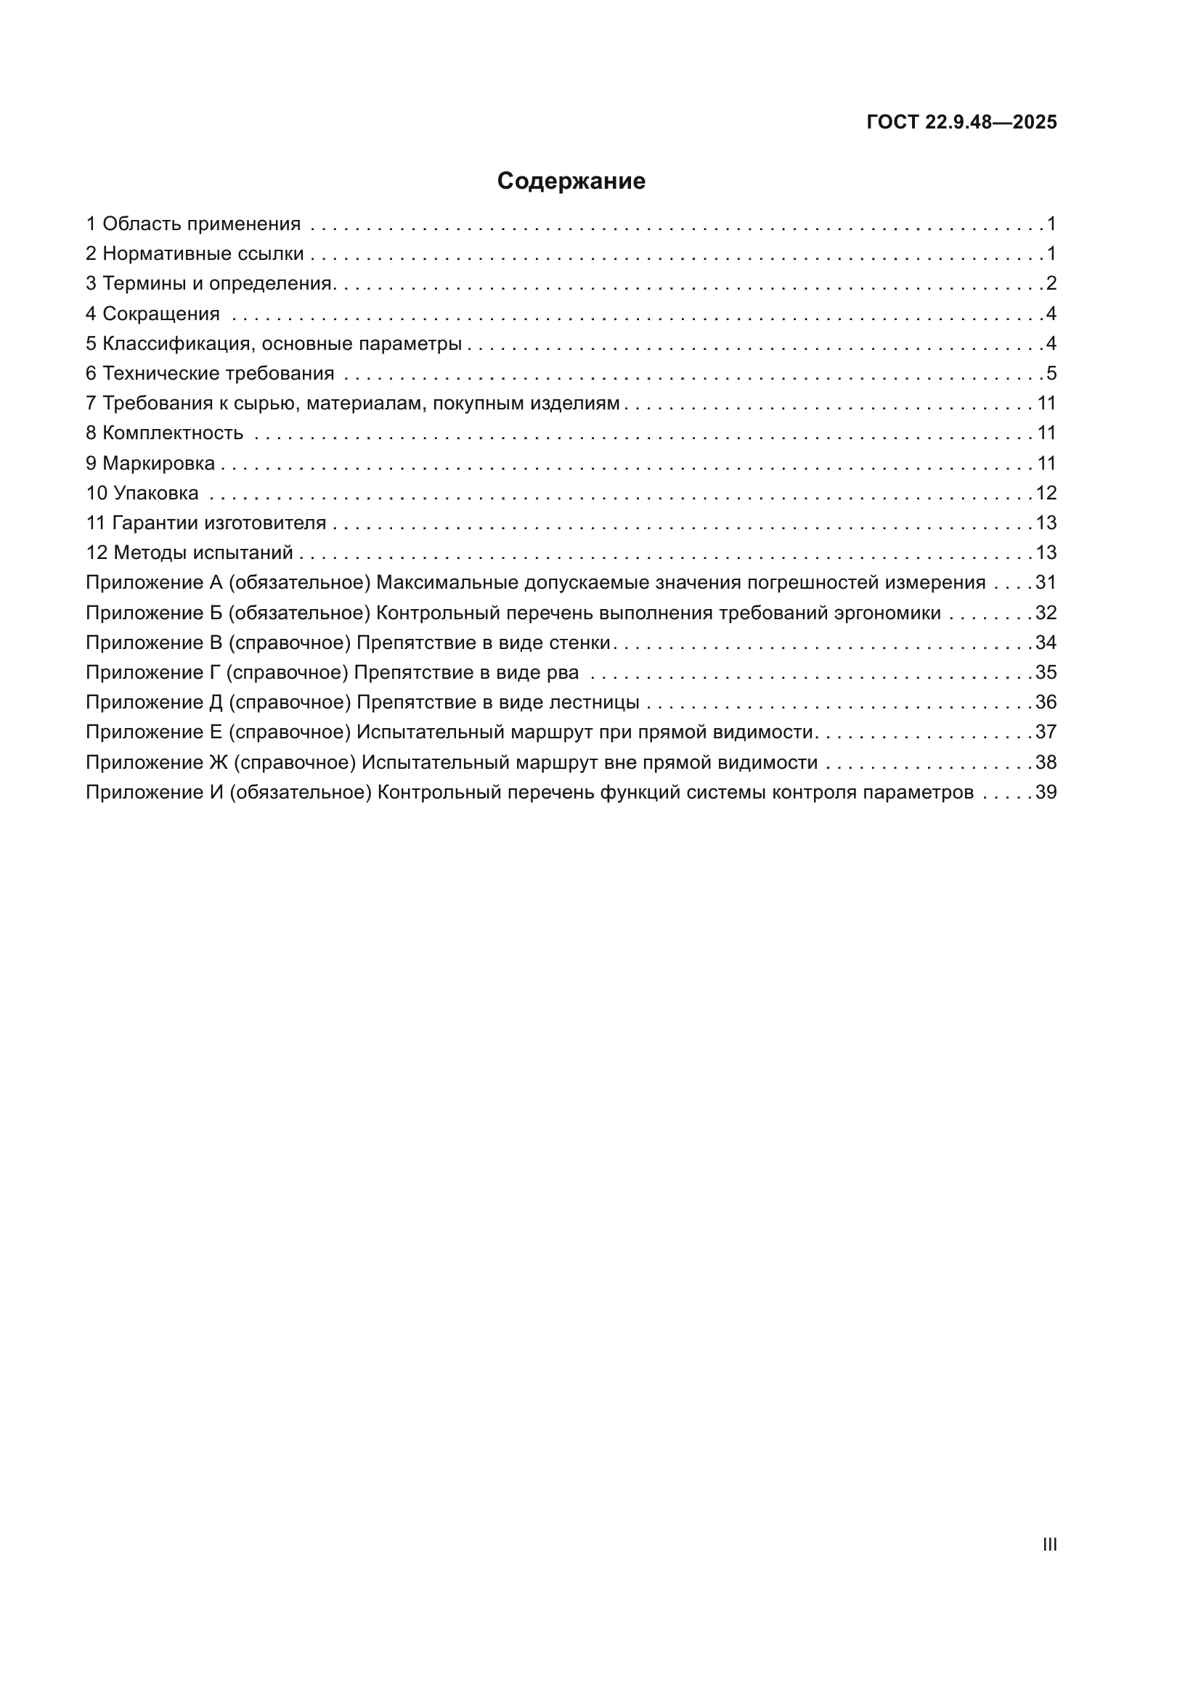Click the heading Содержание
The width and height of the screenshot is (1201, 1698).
tap(570, 181)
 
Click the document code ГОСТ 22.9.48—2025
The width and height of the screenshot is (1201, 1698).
tap(961, 122)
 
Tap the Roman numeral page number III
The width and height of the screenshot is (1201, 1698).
tap(1049, 1544)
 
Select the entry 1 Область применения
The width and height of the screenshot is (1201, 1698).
tap(193, 224)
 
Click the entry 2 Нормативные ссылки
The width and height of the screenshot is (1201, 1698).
tap(195, 253)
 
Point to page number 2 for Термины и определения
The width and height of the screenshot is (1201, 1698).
tap(1051, 283)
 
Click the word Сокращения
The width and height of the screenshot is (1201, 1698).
tap(160, 314)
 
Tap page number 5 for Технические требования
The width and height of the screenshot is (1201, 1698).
tap(1051, 373)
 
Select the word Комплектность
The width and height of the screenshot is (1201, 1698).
tap(172, 433)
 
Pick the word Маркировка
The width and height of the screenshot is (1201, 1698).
tap(158, 463)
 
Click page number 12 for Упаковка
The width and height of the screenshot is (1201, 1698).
tap(1046, 492)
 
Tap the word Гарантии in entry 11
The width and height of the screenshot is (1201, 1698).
tap(155, 523)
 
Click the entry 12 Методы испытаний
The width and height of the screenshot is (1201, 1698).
tap(190, 552)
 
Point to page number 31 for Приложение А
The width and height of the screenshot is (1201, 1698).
tap(1046, 583)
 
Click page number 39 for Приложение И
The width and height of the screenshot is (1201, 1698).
tap(1046, 792)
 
